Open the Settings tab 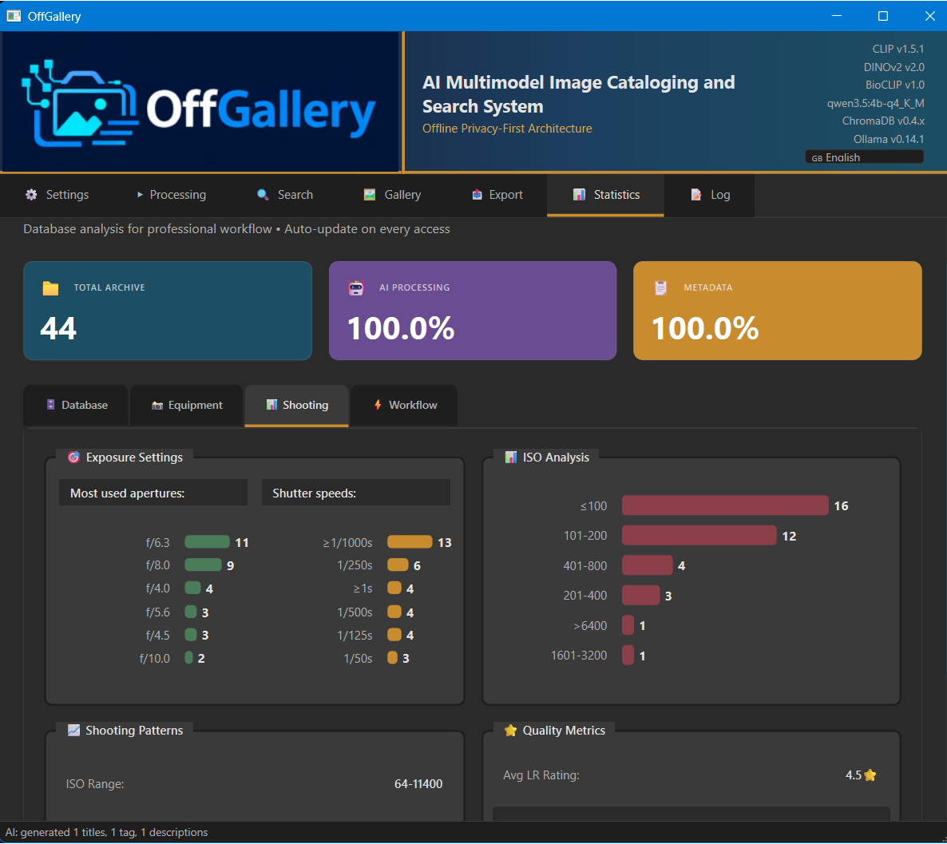tap(57, 195)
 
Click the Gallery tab tap(392, 195)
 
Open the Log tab tap(710, 195)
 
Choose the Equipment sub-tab tap(187, 406)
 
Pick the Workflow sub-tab tap(405, 406)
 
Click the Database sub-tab tap(77, 406)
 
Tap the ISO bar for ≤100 tap(724, 505)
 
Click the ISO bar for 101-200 tap(699, 535)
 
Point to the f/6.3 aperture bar tap(207, 542)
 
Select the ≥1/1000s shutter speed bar tap(409, 542)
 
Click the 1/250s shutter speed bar tap(398, 565)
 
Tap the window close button tap(929, 16)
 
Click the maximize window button tap(883, 16)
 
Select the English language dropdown tap(864, 157)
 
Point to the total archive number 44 tap(58, 328)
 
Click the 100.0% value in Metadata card tap(705, 328)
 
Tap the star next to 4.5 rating tap(870, 775)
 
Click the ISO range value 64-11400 tap(418, 784)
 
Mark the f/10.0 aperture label tap(155, 659)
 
